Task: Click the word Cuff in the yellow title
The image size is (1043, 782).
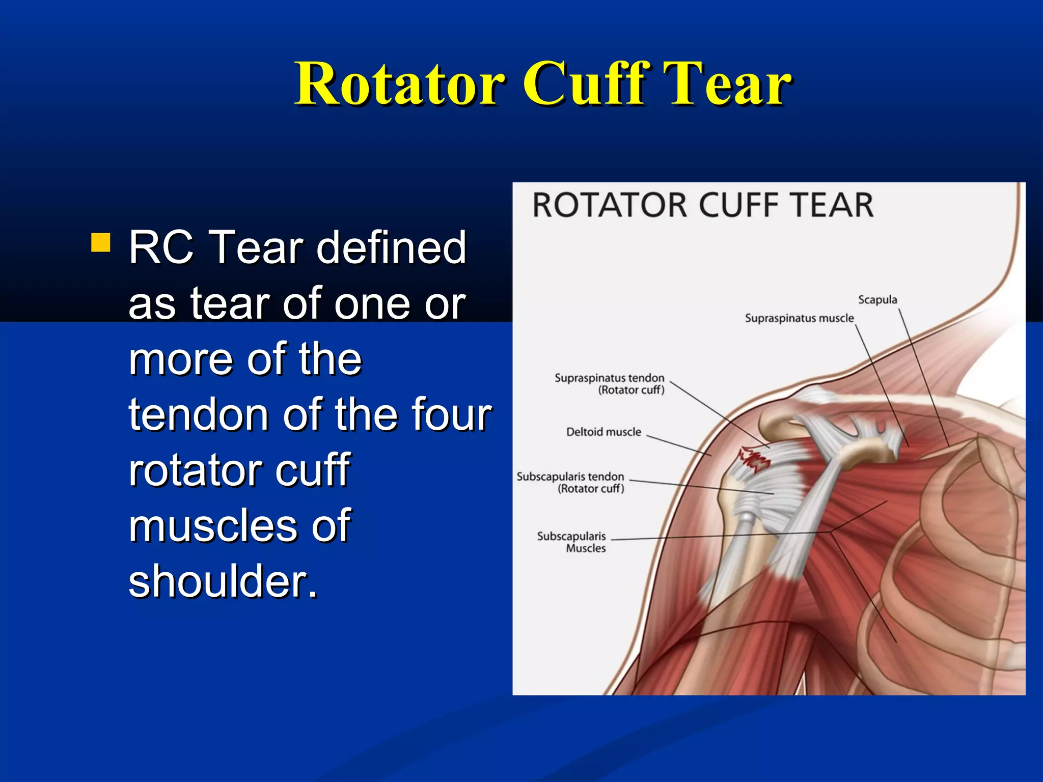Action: (x=580, y=84)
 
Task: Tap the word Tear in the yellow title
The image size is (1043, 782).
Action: (x=723, y=84)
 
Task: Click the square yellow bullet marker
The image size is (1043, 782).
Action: (x=100, y=243)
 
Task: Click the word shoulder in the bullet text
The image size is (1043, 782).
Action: (x=223, y=581)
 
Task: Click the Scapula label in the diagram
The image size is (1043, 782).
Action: (x=877, y=299)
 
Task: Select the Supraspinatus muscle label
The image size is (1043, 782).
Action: (x=799, y=318)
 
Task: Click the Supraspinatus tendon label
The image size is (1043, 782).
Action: (x=609, y=383)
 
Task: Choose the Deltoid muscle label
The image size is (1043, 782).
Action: (x=603, y=432)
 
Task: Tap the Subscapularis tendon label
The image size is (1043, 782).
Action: (x=570, y=482)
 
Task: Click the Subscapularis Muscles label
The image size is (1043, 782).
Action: (x=571, y=542)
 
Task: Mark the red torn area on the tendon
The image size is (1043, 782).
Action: (x=754, y=458)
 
